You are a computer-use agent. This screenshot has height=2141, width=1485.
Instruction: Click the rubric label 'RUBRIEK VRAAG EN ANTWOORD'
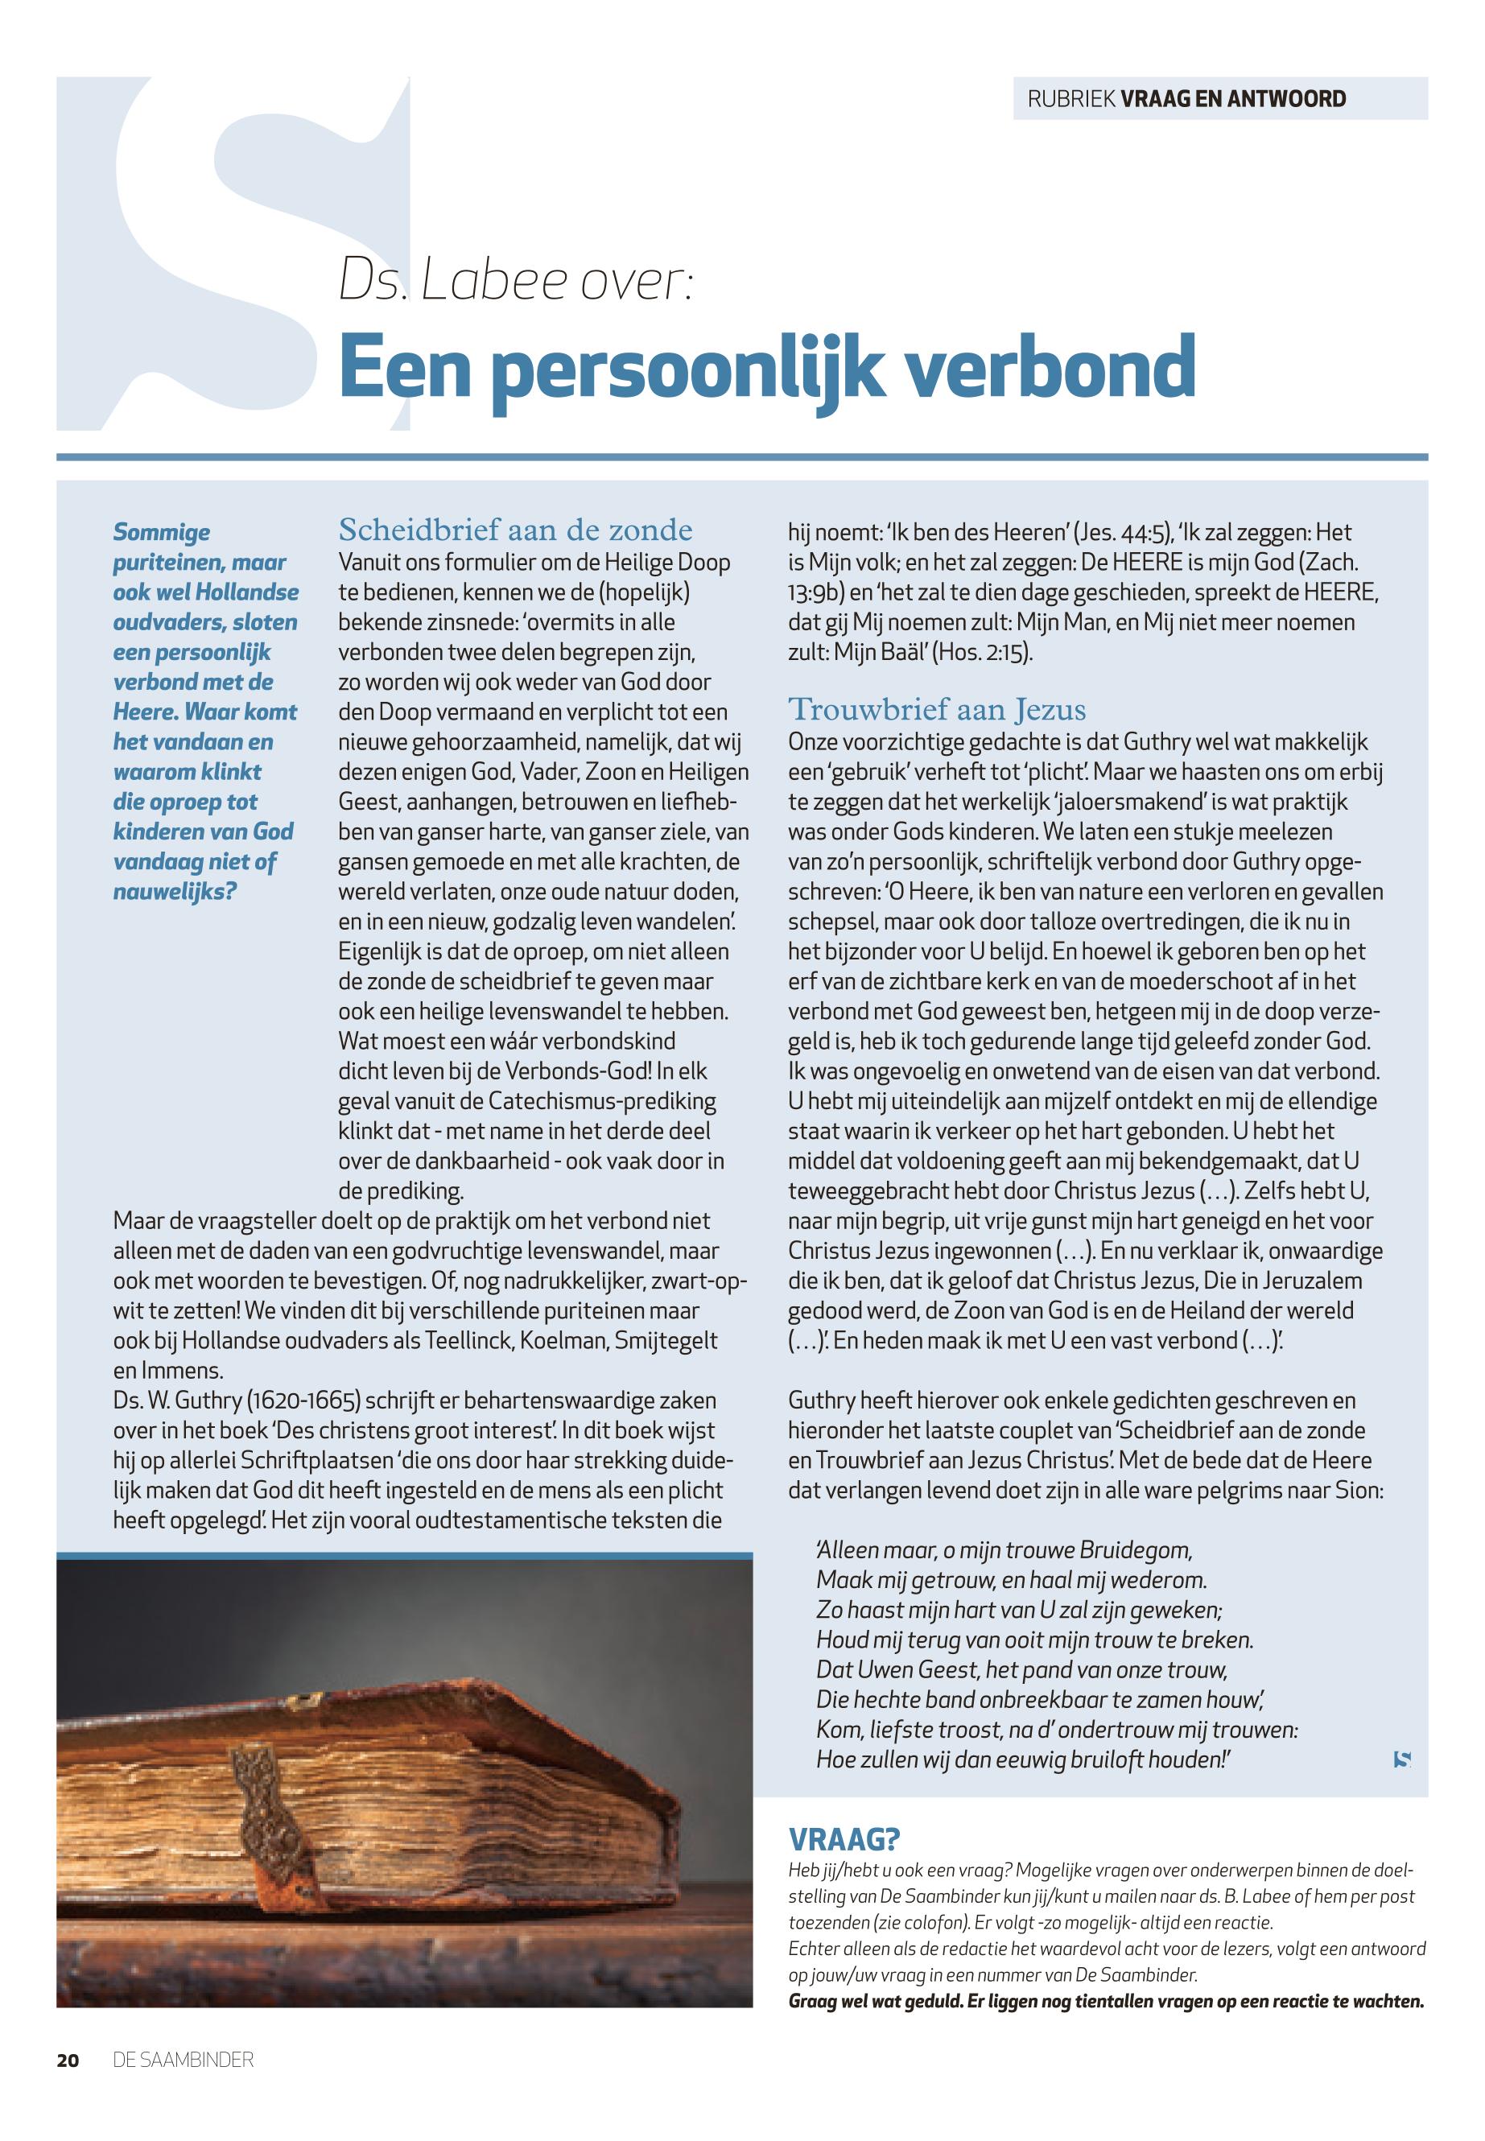1186,99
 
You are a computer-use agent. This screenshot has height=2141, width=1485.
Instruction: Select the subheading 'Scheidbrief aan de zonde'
515,530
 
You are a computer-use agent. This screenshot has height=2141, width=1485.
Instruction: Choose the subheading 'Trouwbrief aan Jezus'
937,710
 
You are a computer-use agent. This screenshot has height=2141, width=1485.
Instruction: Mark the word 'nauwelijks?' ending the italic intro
175,891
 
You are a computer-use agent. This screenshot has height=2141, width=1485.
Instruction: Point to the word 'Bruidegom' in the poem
1133,1550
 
